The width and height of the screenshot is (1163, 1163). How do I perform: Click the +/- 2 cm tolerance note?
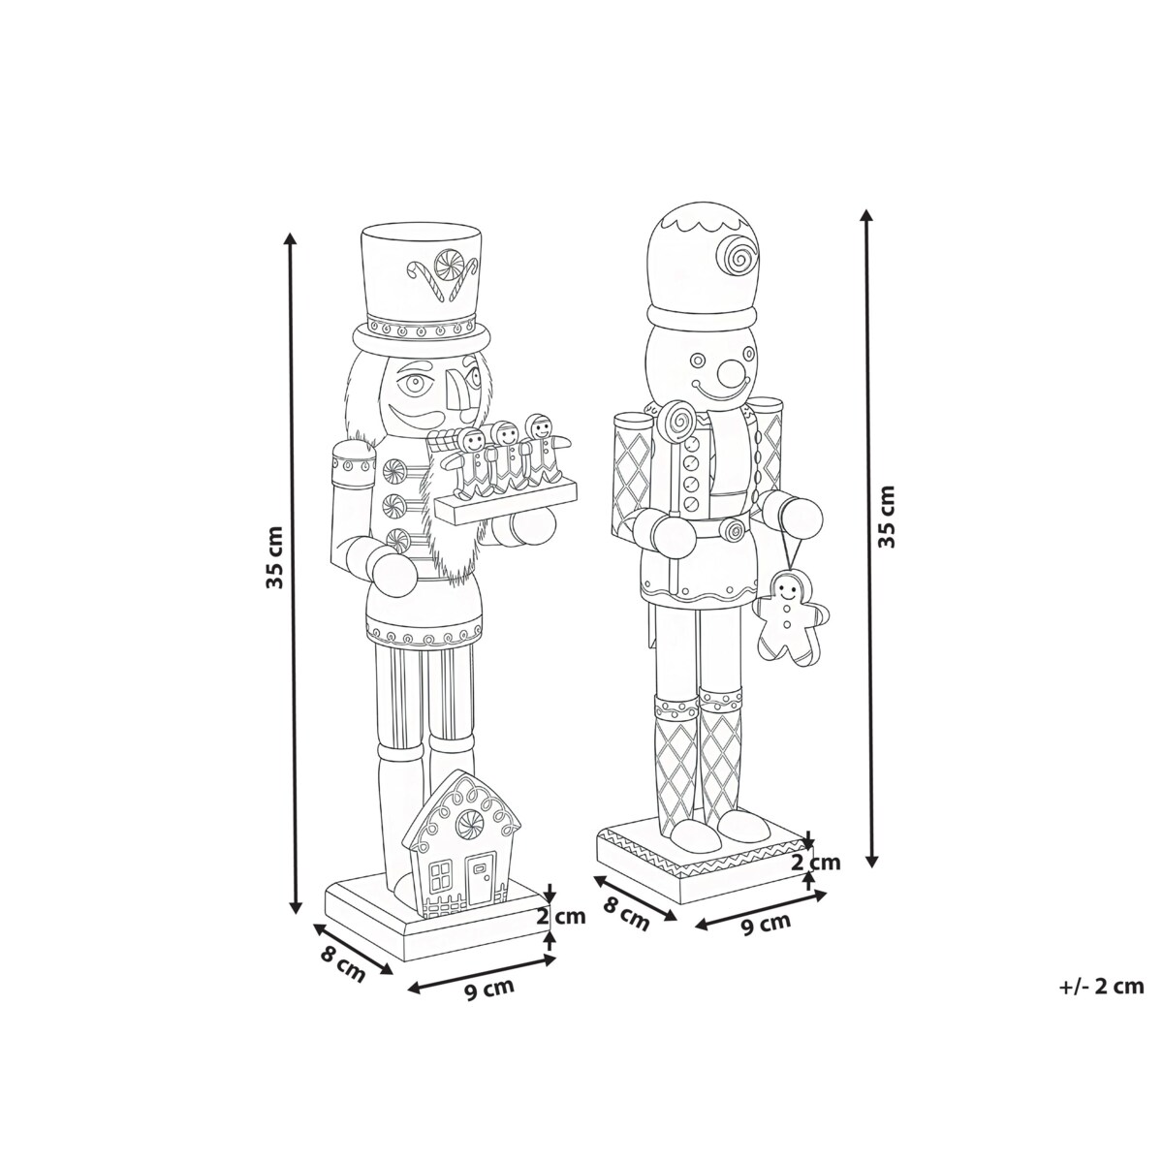point(1101,987)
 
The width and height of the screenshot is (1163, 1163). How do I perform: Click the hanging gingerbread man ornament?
point(790,618)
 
